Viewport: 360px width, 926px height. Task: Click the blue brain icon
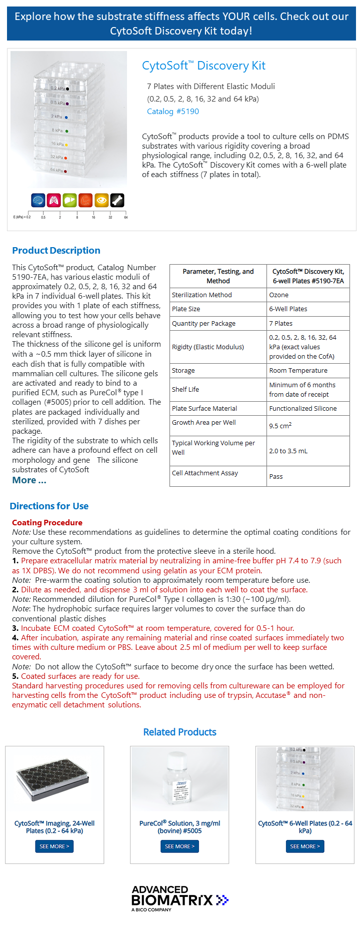tap(38, 201)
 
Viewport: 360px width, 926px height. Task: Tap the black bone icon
tap(117, 201)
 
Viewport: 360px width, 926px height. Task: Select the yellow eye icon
tap(101, 201)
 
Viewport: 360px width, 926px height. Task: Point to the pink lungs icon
tap(54, 201)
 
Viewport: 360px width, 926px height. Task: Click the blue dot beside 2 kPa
tap(66, 118)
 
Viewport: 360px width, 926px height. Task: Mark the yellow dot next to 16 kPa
tap(66, 145)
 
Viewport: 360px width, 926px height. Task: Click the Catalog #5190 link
tap(173, 112)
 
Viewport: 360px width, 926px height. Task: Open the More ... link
tap(29, 480)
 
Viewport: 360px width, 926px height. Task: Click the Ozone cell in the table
tap(279, 295)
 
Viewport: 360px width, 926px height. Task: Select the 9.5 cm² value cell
tap(280, 426)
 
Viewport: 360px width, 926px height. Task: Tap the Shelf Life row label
tap(185, 390)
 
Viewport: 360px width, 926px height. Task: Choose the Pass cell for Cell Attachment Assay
tap(276, 477)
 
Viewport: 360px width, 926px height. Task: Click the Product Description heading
tap(56, 251)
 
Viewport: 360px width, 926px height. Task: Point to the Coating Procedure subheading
tap(47, 523)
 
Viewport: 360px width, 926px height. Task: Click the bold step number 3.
tap(15, 628)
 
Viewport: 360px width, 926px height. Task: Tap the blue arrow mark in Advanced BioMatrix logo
tap(222, 900)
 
